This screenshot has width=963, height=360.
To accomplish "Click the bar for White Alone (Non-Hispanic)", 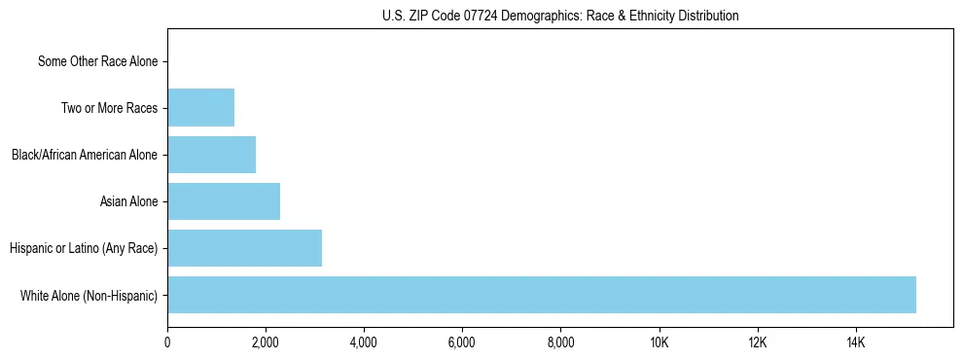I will (542, 295).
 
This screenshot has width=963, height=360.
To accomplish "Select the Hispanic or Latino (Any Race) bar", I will (244, 248).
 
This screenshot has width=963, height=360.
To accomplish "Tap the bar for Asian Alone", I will (224, 201).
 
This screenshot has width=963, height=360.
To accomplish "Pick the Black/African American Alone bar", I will (211, 155).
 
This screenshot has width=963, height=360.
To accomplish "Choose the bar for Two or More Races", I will (200, 108).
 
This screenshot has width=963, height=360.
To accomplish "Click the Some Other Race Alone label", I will (97, 61).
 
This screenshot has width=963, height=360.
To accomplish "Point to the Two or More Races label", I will (109, 108).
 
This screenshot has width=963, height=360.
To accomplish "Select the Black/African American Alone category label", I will (85, 155).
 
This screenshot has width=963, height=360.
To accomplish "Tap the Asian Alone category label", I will (128, 201).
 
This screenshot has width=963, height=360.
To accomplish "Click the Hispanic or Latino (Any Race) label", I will (84, 248).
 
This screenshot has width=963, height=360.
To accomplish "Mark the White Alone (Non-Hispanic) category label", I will (89, 295).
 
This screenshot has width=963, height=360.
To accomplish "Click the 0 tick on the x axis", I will (167, 342).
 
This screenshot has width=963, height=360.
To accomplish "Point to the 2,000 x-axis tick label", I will (266, 342).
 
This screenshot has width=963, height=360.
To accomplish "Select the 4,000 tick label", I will (364, 342).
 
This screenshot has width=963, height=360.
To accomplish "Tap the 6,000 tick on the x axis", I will (462, 342).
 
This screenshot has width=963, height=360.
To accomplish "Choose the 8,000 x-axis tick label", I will (561, 342).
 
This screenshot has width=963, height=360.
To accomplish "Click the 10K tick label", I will (660, 342).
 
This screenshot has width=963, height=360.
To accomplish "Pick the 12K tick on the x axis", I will (758, 342).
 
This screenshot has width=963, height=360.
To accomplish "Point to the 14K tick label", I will (856, 342).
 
